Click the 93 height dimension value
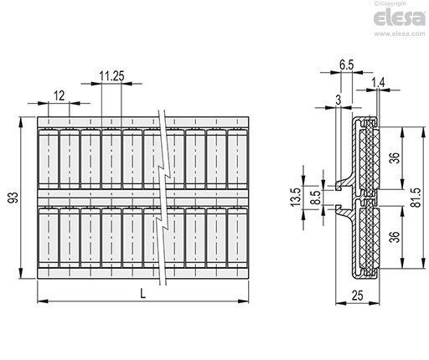13,198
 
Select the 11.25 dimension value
111,76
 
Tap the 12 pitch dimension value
59,95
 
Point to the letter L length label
142,294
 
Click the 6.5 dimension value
347,65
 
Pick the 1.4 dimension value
378,83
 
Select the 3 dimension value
339,100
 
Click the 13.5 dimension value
296,197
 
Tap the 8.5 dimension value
317,198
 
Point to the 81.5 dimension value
416,198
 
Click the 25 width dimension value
358,296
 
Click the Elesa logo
400,18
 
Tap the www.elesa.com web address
400,33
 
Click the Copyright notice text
390,3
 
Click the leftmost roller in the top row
49,159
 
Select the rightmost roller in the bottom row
237,238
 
